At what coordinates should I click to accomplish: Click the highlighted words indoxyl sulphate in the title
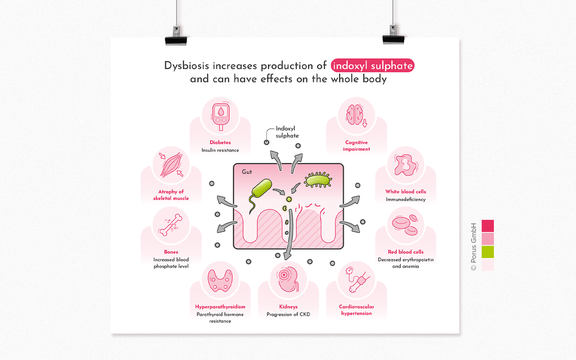[372, 65]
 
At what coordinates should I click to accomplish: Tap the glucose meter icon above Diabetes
[221, 115]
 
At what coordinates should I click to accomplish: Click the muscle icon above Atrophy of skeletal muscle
[171, 165]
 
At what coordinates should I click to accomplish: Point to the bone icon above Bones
[171, 225]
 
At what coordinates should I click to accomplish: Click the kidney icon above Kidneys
[288, 279]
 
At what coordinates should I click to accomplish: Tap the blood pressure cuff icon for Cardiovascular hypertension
[356, 280]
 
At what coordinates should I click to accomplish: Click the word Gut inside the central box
[247, 172]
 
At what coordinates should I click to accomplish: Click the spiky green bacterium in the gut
[318, 180]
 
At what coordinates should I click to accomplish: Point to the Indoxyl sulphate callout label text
[287, 132]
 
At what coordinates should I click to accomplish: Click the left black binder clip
[176, 37]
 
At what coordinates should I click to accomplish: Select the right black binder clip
[393, 36]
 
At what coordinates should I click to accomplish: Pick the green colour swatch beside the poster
[487, 252]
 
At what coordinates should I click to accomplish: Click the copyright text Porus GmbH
[474, 247]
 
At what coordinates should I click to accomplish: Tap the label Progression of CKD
[288, 314]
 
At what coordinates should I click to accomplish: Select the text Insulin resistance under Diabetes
[220, 150]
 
